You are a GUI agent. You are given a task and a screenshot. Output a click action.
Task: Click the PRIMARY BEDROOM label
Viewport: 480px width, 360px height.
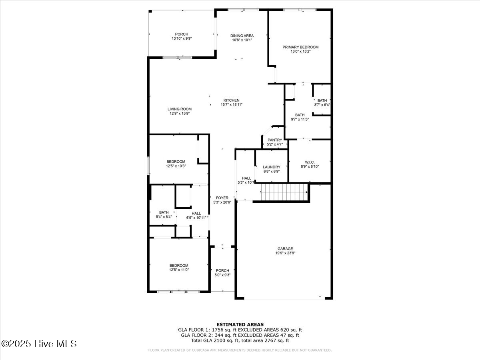pos(300,47)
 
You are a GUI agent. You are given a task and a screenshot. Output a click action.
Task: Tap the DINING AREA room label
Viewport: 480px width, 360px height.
pos(242,36)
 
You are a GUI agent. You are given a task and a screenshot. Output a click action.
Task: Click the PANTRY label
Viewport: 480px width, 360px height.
pos(275,140)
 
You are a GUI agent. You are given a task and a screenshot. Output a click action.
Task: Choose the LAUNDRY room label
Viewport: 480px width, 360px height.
pos(271,167)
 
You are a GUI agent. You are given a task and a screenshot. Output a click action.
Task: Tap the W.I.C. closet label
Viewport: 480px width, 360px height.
pos(309,162)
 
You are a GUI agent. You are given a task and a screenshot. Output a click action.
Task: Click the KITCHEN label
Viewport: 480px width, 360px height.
pos(231,100)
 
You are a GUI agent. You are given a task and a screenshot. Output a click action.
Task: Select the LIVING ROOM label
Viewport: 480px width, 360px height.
pos(179,109)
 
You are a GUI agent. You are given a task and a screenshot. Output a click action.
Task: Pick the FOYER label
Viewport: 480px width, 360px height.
pos(222,198)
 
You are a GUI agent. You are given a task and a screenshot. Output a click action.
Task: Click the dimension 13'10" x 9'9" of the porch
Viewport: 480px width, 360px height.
pos(181,39)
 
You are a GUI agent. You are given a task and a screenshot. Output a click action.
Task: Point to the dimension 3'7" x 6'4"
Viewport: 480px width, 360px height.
pos(322,105)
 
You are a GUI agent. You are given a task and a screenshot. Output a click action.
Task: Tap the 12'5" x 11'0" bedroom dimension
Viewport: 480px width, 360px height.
pos(178,270)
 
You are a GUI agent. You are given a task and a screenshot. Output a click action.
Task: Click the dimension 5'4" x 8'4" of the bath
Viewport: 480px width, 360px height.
pos(164,217)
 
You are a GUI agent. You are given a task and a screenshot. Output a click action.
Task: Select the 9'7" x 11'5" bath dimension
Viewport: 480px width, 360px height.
pos(300,119)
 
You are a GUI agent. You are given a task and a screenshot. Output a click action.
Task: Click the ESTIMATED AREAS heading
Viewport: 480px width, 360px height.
pos(240,324)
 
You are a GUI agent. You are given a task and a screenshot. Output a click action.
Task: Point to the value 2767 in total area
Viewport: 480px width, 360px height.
pos(269,340)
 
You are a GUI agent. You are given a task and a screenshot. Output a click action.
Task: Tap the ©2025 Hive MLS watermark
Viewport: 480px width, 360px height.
pos(39,344)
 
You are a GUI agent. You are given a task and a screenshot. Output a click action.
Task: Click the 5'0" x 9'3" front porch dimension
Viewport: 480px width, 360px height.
pos(222,275)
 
